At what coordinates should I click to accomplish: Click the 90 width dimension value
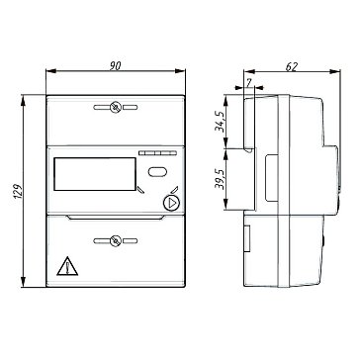pyautogui.click(x=115, y=66)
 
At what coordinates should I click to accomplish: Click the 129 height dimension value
pyautogui.click(x=19, y=191)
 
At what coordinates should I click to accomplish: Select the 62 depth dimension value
pyautogui.click(x=292, y=67)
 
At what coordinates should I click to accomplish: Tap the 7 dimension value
pyautogui.click(x=249, y=83)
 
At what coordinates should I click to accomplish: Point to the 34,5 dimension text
pyautogui.click(x=220, y=121)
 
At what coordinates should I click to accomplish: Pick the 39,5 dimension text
pyautogui.click(x=220, y=180)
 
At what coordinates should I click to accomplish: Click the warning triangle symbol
pyautogui.click(x=67, y=266)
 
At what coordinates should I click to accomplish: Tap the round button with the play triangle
pyautogui.click(x=171, y=203)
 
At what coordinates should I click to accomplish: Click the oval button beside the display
pyautogui.click(x=157, y=172)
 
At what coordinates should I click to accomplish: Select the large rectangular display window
pyautogui.click(x=95, y=174)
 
